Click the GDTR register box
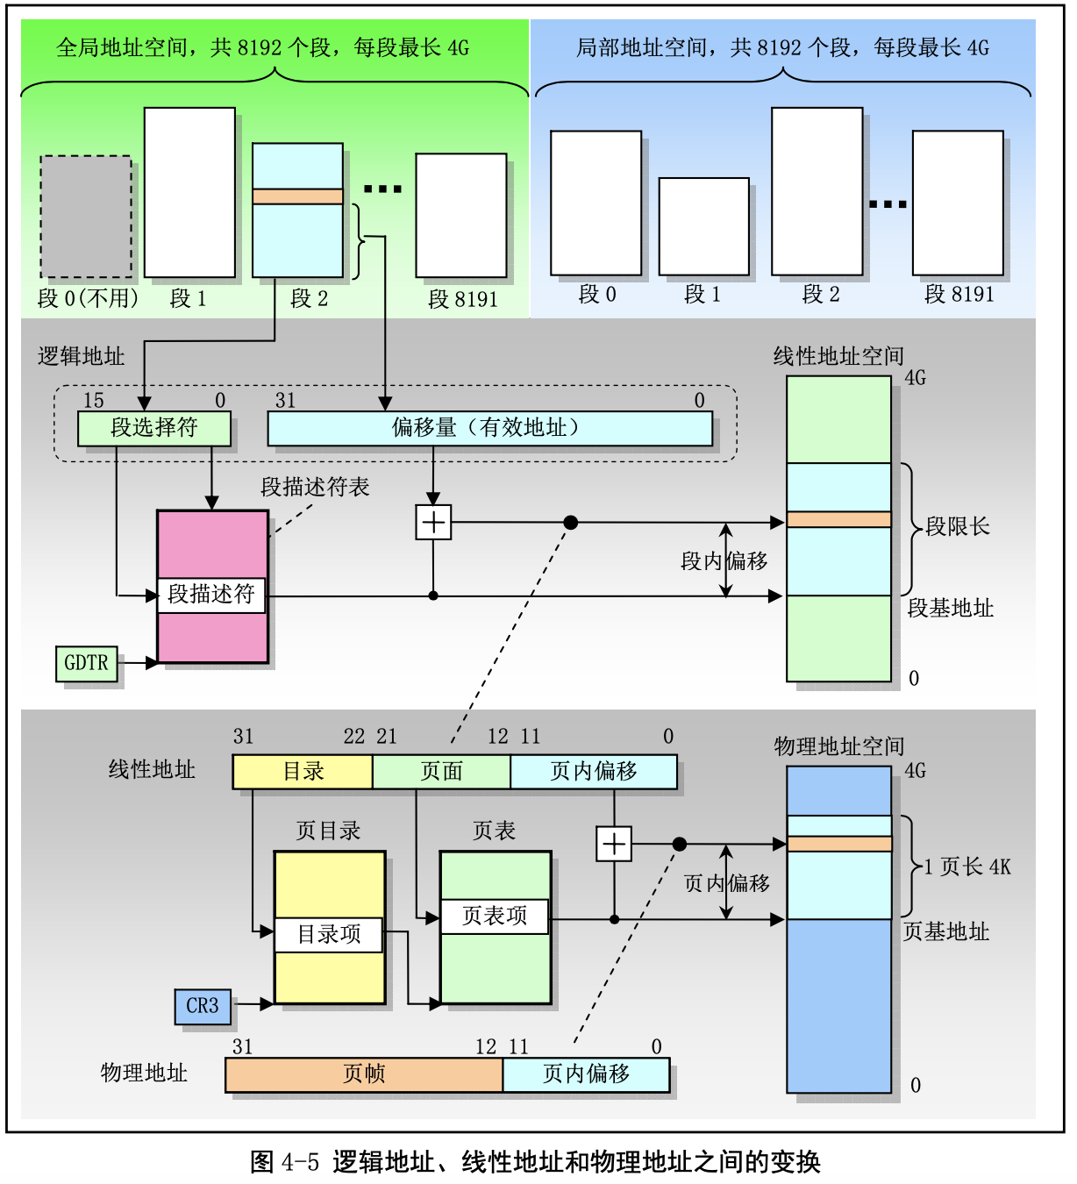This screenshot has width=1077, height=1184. coord(86,664)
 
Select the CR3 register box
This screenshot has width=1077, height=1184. coord(203,1006)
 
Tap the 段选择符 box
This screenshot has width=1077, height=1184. coord(154,428)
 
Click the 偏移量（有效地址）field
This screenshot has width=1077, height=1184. coord(489,428)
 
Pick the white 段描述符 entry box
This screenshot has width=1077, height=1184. coord(211,595)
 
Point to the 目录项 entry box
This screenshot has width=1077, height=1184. coord(329,934)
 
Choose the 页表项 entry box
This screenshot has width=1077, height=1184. coord(495,917)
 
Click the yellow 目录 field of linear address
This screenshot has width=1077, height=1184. coord(303,772)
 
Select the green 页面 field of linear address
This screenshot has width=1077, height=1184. coord(441,772)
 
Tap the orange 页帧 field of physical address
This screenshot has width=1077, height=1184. coord(364,1074)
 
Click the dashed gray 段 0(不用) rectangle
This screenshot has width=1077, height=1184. coord(86,217)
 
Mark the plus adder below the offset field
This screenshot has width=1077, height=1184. coord(433,523)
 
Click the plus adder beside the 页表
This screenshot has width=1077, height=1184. coord(614,844)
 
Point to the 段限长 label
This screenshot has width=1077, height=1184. coord(957,526)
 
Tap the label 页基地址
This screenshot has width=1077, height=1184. coord(946,931)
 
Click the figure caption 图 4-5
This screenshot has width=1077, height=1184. coord(535,1162)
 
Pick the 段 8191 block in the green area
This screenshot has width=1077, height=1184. coord(461,216)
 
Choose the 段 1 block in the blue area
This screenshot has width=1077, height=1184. coord(704,226)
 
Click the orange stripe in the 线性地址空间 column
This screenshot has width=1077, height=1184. coord(838,519)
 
